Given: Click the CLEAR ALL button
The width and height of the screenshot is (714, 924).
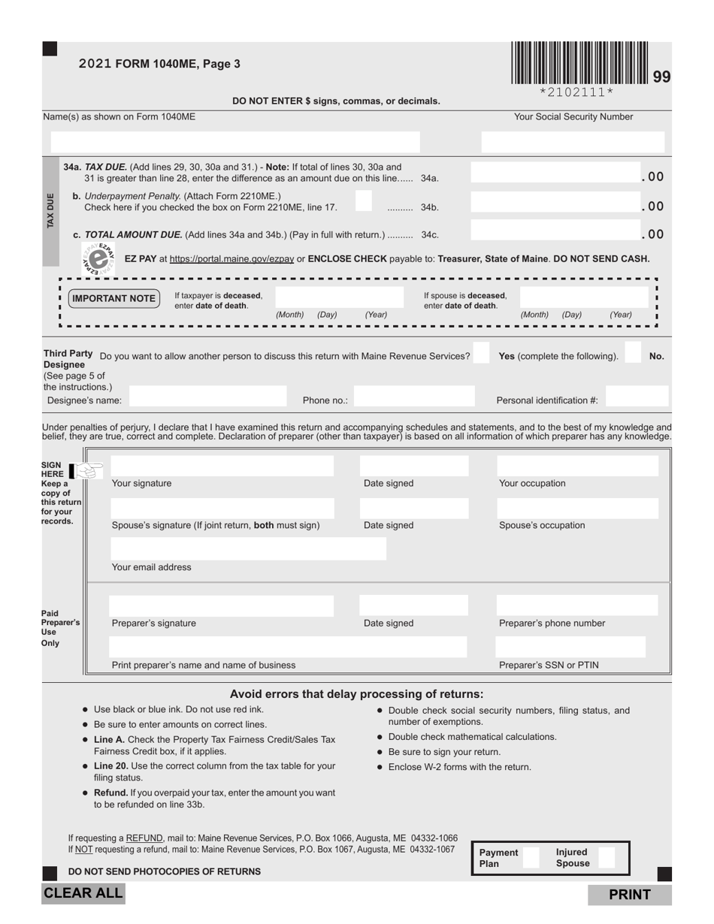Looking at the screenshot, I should (x=83, y=893).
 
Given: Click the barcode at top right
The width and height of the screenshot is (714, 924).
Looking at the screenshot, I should (x=579, y=63).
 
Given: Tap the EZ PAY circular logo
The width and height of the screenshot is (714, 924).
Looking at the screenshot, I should (x=98, y=258).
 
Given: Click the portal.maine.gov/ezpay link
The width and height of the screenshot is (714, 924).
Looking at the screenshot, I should (x=231, y=258).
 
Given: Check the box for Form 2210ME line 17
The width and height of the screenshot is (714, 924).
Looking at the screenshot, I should (x=363, y=201).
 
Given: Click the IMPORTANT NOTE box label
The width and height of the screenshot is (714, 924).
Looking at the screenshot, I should (x=113, y=298).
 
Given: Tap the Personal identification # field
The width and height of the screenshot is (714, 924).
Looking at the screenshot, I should (x=637, y=396).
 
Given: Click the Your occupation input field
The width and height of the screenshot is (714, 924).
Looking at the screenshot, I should (x=577, y=466).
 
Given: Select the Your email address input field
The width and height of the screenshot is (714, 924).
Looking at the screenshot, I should (x=247, y=549).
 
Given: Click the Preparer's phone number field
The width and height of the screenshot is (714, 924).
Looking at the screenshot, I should (x=577, y=605).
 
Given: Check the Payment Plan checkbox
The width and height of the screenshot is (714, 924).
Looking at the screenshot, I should (x=531, y=857).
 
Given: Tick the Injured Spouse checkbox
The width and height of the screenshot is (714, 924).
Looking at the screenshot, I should (x=606, y=857).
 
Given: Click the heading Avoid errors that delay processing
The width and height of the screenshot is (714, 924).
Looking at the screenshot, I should (x=356, y=694).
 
